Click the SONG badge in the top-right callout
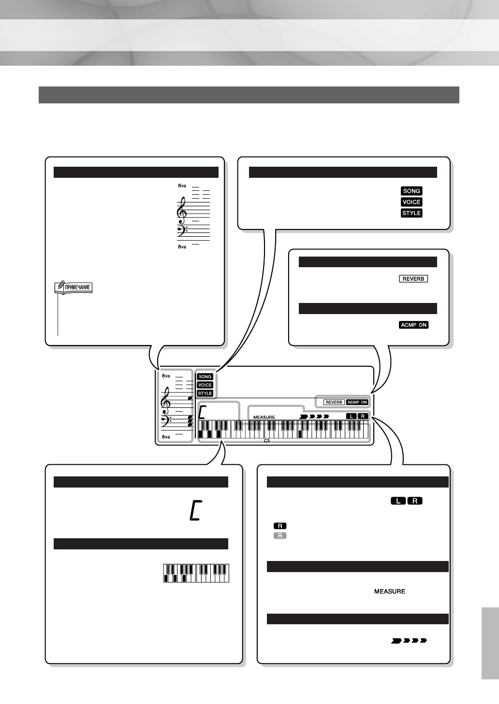tap(411, 191)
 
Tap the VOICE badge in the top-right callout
tap(411, 202)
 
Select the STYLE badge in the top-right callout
tap(411, 213)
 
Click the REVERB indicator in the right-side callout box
tap(413, 279)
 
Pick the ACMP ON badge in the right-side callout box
tap(414, 325)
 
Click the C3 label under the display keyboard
tap(266, 441)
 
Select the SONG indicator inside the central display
tap(205, 377)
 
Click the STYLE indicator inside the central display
tap(205, 393)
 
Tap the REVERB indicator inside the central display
tap(334, 402)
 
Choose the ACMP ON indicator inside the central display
tap(357, 402)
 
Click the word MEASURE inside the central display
tap(264, 417)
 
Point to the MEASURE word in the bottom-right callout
tap(390, 591)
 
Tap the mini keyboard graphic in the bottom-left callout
tap(196, 573)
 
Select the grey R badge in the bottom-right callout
tap(280, 536)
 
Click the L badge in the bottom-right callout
tap(398, 501)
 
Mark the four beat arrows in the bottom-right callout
tap(409, 641)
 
